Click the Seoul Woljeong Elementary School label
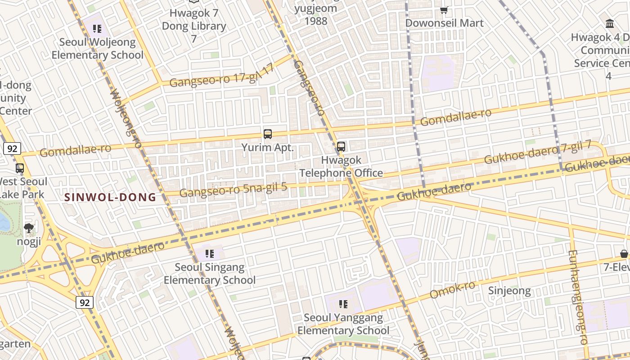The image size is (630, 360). click(x=97, y=49)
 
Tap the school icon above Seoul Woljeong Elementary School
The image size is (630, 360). click(x=97, y=29)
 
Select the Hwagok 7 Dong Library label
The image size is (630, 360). click(x=194, y=26)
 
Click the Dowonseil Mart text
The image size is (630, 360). click(x=444, y=23)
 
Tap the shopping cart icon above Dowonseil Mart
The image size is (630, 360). click(x=444, y=10)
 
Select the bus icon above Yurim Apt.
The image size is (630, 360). click(x=268, y=134)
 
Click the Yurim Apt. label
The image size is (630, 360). click(x=268, y=148)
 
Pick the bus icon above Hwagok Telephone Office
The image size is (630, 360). click(x=341, y=146)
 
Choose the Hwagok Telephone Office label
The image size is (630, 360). click(x=341, y=166)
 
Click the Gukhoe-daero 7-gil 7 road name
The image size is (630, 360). click(x=538, y=153)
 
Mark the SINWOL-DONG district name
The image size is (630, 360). click(x=110, y=197)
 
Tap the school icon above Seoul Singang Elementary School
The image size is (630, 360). click(x=210, y=254)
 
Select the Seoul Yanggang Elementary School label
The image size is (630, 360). click(x=343, y=324)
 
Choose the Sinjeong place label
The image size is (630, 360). click(x=509, y=291)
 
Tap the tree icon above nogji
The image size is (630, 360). click(x=29, y=228)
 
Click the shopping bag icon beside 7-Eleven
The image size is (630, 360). click(x=624, y=254)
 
